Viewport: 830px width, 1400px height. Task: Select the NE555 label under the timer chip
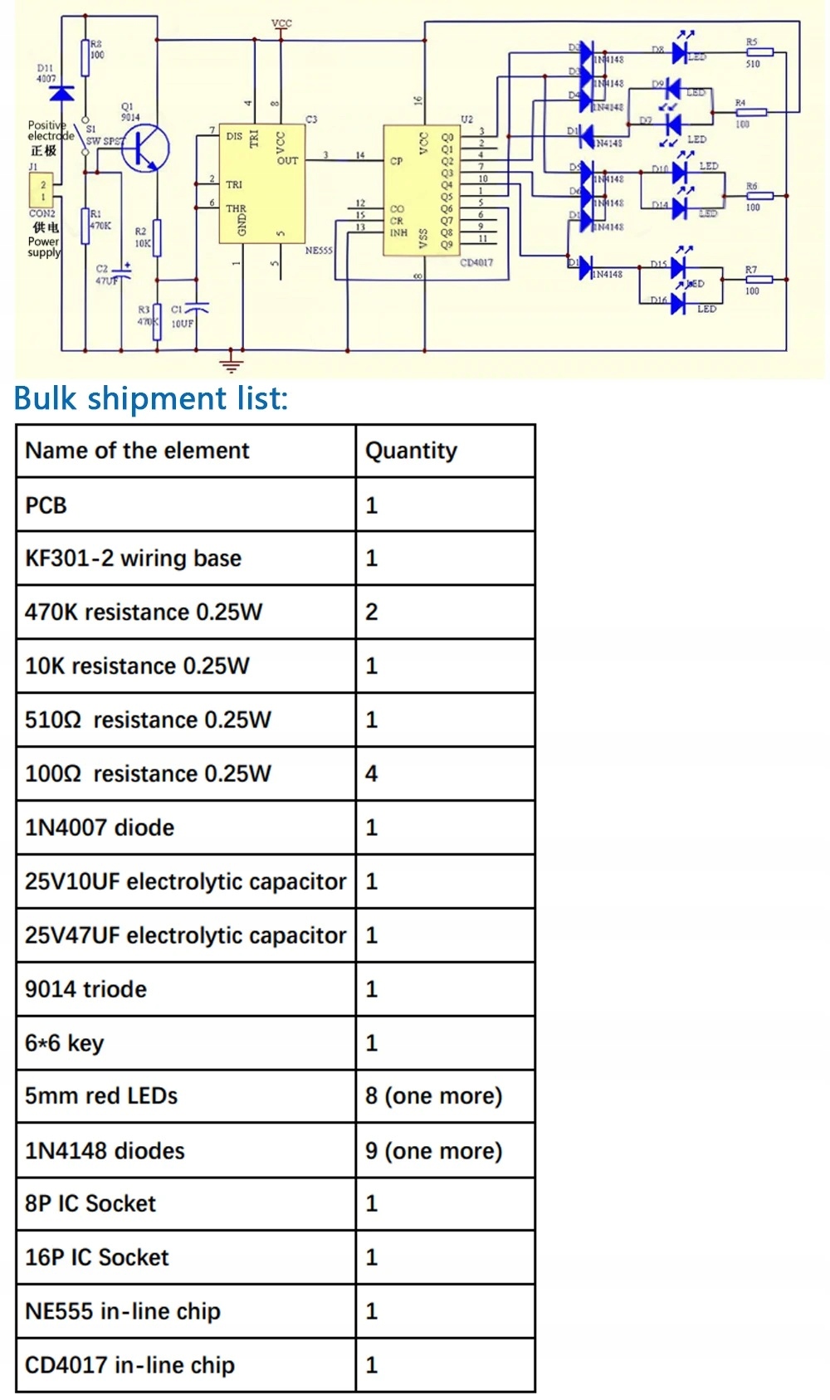click(319, 251)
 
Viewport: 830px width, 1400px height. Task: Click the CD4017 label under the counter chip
click(476, 263)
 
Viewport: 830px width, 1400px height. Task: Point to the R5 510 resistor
click(759, 52)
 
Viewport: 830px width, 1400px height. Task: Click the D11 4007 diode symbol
click(61, 92)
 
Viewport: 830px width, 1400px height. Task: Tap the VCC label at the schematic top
click(281, 23)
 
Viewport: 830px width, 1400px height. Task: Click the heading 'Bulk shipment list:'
click(151, 399)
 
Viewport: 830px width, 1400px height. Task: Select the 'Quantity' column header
click(411, 451)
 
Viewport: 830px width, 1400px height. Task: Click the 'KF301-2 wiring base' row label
click(133, 559)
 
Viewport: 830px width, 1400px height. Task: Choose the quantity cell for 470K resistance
click(372, 612)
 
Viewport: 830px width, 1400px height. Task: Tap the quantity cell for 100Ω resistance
click(372, 774)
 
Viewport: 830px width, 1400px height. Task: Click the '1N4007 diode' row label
click(100, 828)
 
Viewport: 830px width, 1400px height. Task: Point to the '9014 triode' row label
click(85, 989)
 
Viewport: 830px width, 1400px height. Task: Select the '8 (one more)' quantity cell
click(433, 1096)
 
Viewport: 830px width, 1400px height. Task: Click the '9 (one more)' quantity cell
click(433, 1151)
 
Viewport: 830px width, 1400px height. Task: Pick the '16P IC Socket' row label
click(96, 1258)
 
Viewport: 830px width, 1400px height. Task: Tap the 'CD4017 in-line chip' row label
click(129, 1365)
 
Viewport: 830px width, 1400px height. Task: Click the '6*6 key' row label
click(64, 1043)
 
